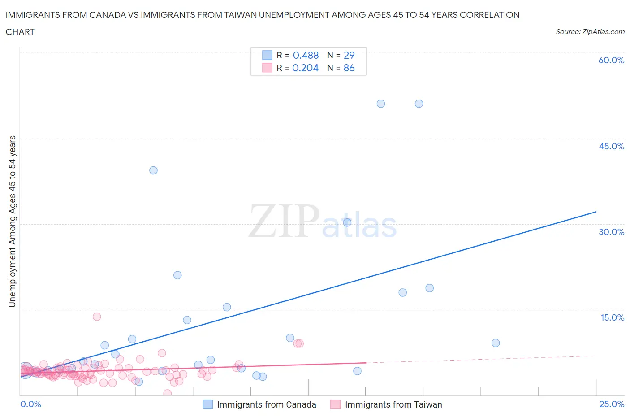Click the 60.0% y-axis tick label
pyautogui.click(x=611, y=60)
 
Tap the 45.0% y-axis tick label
pyautogui.click(x=611, y=146)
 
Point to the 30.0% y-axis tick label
pyautogui.click(x=611, y=232)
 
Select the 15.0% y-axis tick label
pyautogui.click(x=612, y=317)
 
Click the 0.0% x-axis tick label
pyautogui.click(x=30, y=404)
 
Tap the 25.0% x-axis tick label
pyautogui.click(x=612, y=404)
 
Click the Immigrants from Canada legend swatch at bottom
pyautogui.click(x=207, y=404)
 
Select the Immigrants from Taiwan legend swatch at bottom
pyautogui.click(x=335, y=404)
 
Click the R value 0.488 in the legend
pyautogui.click(x=306, y=55)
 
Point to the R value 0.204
pyautogui.click(x=305, y=68)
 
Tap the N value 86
pyautogui.click(x=349, y=68)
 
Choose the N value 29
pyautogui.click(x=349, y=55)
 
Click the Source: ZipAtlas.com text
pyautogui.click(x=590, y=31)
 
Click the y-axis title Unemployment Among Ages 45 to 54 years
pyautogui.click(x=12, y=222)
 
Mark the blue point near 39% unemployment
pyautogui.click(x=153, y=170)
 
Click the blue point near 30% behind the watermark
pyautogui.click(x=347, y=222)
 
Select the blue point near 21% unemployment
pyautogui.click(x=177, y=275)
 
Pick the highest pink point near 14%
pyautogui.click(x=97, y=317)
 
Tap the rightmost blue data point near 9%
pyautogui.click(x=496, y=343)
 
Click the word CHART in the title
pyautogui.click(x=20, y=32)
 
